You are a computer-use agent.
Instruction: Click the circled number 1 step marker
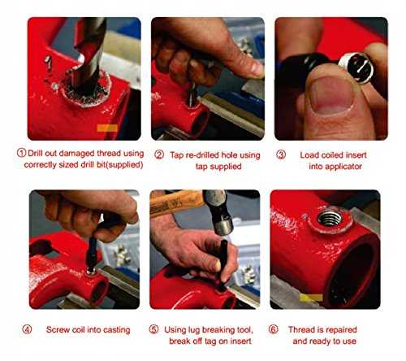pos(21,153)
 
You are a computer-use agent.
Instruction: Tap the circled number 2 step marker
pos(159,154)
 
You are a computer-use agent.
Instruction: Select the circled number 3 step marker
pos(281,154)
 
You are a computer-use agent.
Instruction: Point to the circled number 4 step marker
pos(27,329)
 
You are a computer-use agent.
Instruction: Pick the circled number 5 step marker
pos(153,329)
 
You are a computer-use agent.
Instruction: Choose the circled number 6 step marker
pos(274,329)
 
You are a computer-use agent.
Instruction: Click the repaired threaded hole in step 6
pos(330,218)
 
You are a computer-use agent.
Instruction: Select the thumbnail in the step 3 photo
pos(332,95)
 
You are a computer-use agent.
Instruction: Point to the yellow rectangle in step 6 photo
pos(311,298)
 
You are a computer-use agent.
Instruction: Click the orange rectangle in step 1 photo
pos(107,128)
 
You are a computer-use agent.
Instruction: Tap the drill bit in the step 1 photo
pos(89,54)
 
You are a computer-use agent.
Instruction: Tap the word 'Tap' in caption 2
pos(176,155)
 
